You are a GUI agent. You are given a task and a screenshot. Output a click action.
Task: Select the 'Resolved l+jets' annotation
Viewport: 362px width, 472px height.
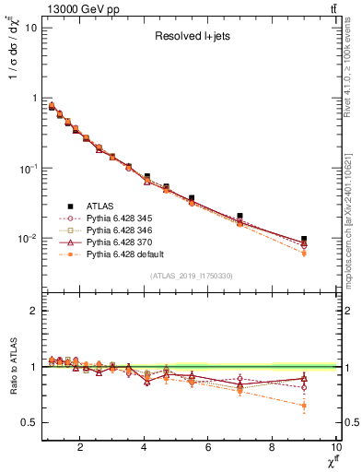192,37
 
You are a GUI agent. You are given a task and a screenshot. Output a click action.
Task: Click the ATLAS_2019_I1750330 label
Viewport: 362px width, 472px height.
191,276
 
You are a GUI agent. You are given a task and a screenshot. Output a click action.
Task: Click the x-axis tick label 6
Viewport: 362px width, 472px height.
208,449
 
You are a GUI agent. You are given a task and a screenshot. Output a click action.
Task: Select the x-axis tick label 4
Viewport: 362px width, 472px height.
145,449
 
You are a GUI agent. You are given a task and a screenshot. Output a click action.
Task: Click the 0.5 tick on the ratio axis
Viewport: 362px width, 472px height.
29,422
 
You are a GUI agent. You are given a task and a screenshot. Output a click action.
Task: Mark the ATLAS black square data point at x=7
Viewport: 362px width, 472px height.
240,216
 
